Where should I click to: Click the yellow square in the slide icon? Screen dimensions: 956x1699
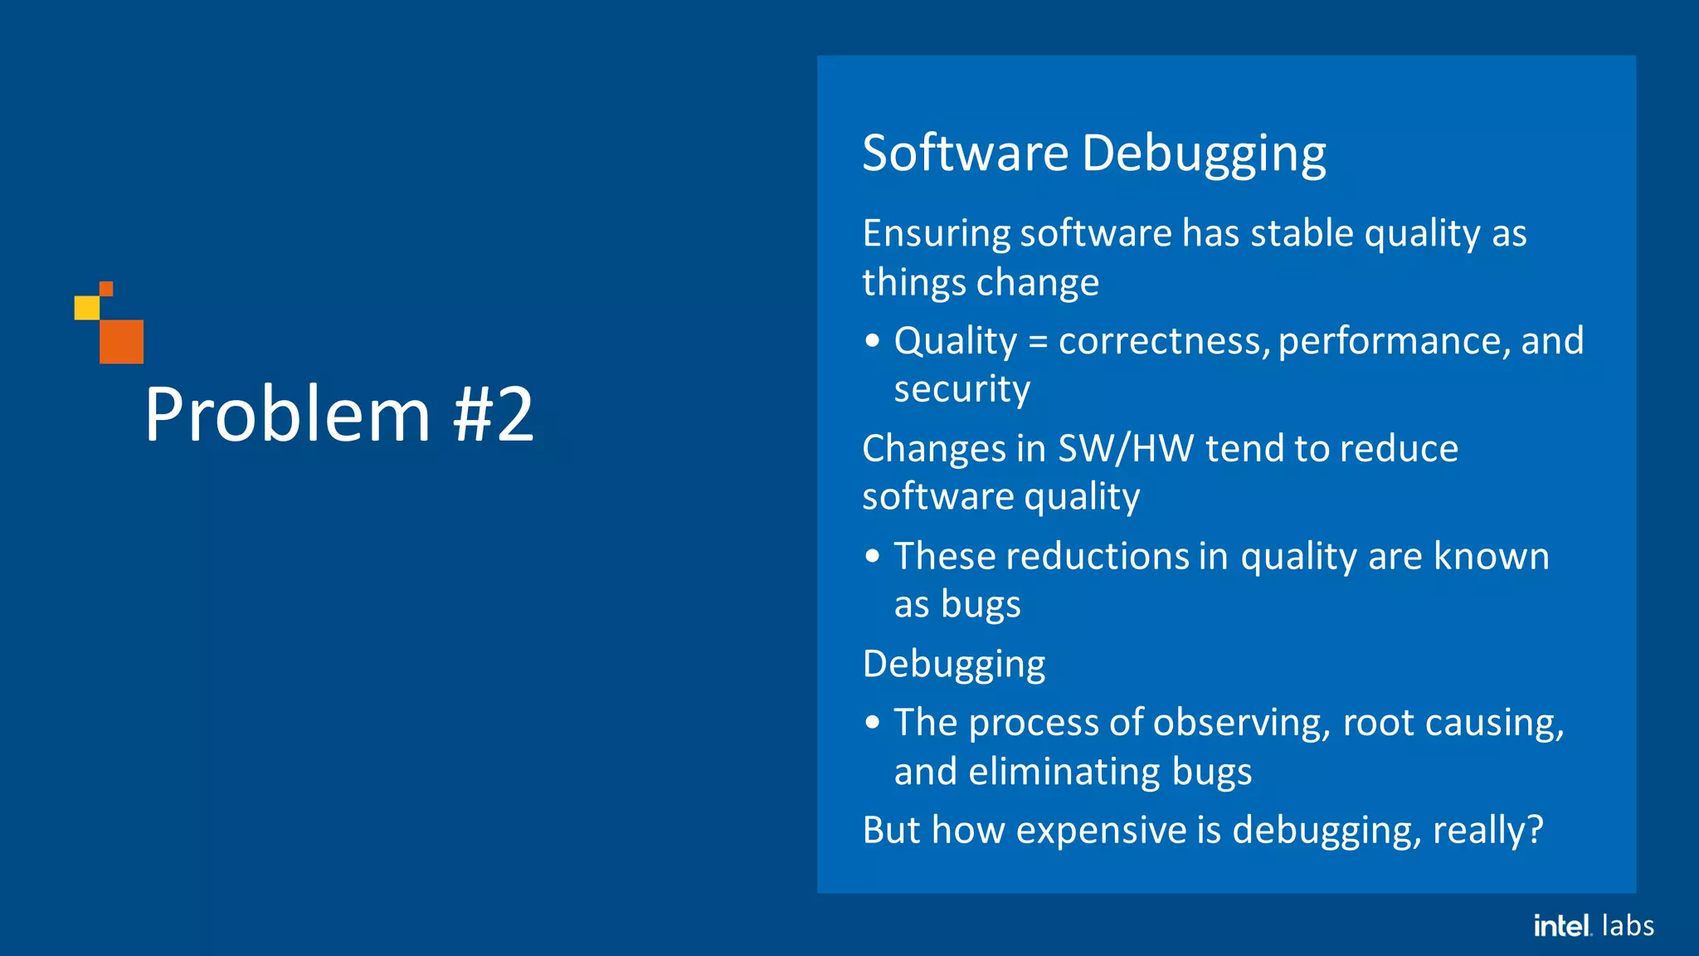[x=86, y=308]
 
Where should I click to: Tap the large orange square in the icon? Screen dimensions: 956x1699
[x=121, y=341]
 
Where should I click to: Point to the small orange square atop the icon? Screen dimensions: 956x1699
[x=106, y=289]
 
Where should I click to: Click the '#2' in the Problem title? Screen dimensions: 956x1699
[x=493, y=415]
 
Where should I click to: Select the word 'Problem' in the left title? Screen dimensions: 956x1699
[x=287, y=415]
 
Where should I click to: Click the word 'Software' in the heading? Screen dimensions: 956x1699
[x=965, y=154]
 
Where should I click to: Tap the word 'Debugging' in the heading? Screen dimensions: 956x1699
[x=1203, y=155]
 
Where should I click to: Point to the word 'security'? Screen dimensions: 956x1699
[x=961, y=389]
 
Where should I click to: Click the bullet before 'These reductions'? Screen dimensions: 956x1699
[x=871, y=556]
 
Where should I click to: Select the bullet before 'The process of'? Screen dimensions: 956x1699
[x=871, y=723]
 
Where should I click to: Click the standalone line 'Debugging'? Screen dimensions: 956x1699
[x=953, y=665]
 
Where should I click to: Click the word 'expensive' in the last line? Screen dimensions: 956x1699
[x=1101, y=831]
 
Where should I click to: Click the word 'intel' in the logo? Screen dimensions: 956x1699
[x=1560, y=925]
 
